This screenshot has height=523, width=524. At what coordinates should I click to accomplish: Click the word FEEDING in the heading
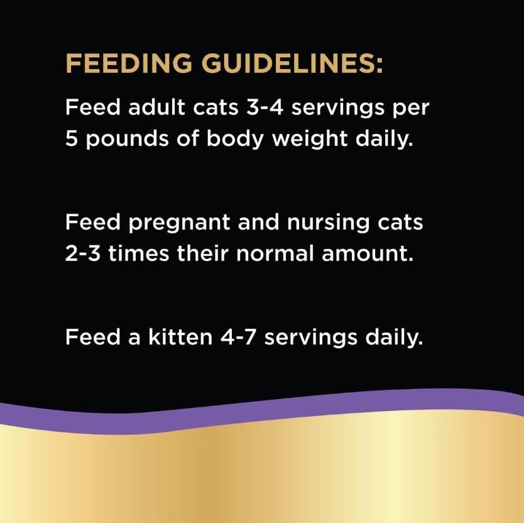(x=129, y=63)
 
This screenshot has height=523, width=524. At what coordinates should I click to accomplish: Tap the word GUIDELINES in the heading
(x=290, y=63)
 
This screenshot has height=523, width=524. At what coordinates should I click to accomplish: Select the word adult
(x=156, y=107)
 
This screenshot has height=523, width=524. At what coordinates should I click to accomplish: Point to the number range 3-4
(x=265, y=107)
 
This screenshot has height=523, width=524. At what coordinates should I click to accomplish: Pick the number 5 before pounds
(x=71, y=138)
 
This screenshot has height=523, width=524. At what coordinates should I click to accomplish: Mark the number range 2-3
(x=82, y=253)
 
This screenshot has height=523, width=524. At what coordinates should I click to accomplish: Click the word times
(x=139, y=253)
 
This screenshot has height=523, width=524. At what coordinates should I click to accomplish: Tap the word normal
(x=275, y=253)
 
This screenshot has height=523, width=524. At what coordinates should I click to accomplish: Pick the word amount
(x=368, y=253)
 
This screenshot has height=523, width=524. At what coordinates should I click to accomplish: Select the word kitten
(x=180, y=337)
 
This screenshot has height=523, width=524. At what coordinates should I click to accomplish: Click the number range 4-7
(x=238, y=337)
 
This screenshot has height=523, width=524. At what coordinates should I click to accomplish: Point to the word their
(x=202, y=253)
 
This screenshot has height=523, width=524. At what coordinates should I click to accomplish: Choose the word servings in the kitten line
(x=311, y=338)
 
